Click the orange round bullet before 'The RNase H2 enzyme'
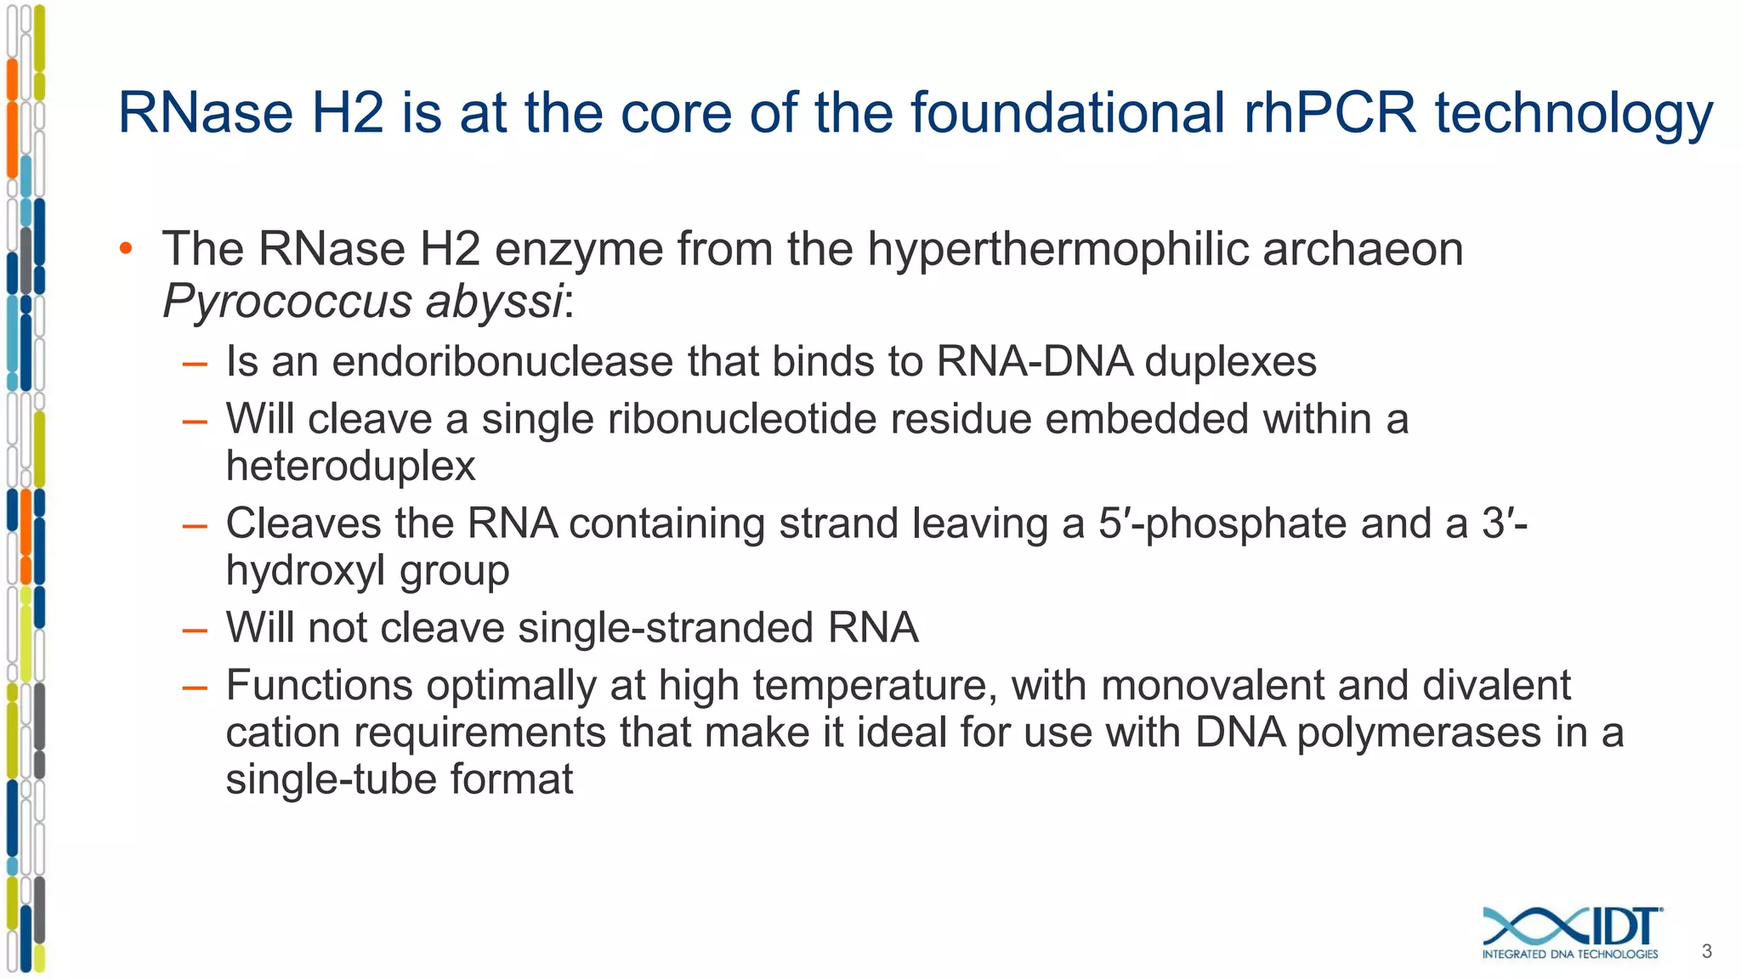click(127, 249)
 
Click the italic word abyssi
click(494, 302)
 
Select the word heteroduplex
click(350, 467)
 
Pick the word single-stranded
click(666, 629)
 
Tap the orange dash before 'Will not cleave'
click(195, 631)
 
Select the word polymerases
click(1419, 733)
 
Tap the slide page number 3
click(1707, 952)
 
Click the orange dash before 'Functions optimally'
click(195, 688)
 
